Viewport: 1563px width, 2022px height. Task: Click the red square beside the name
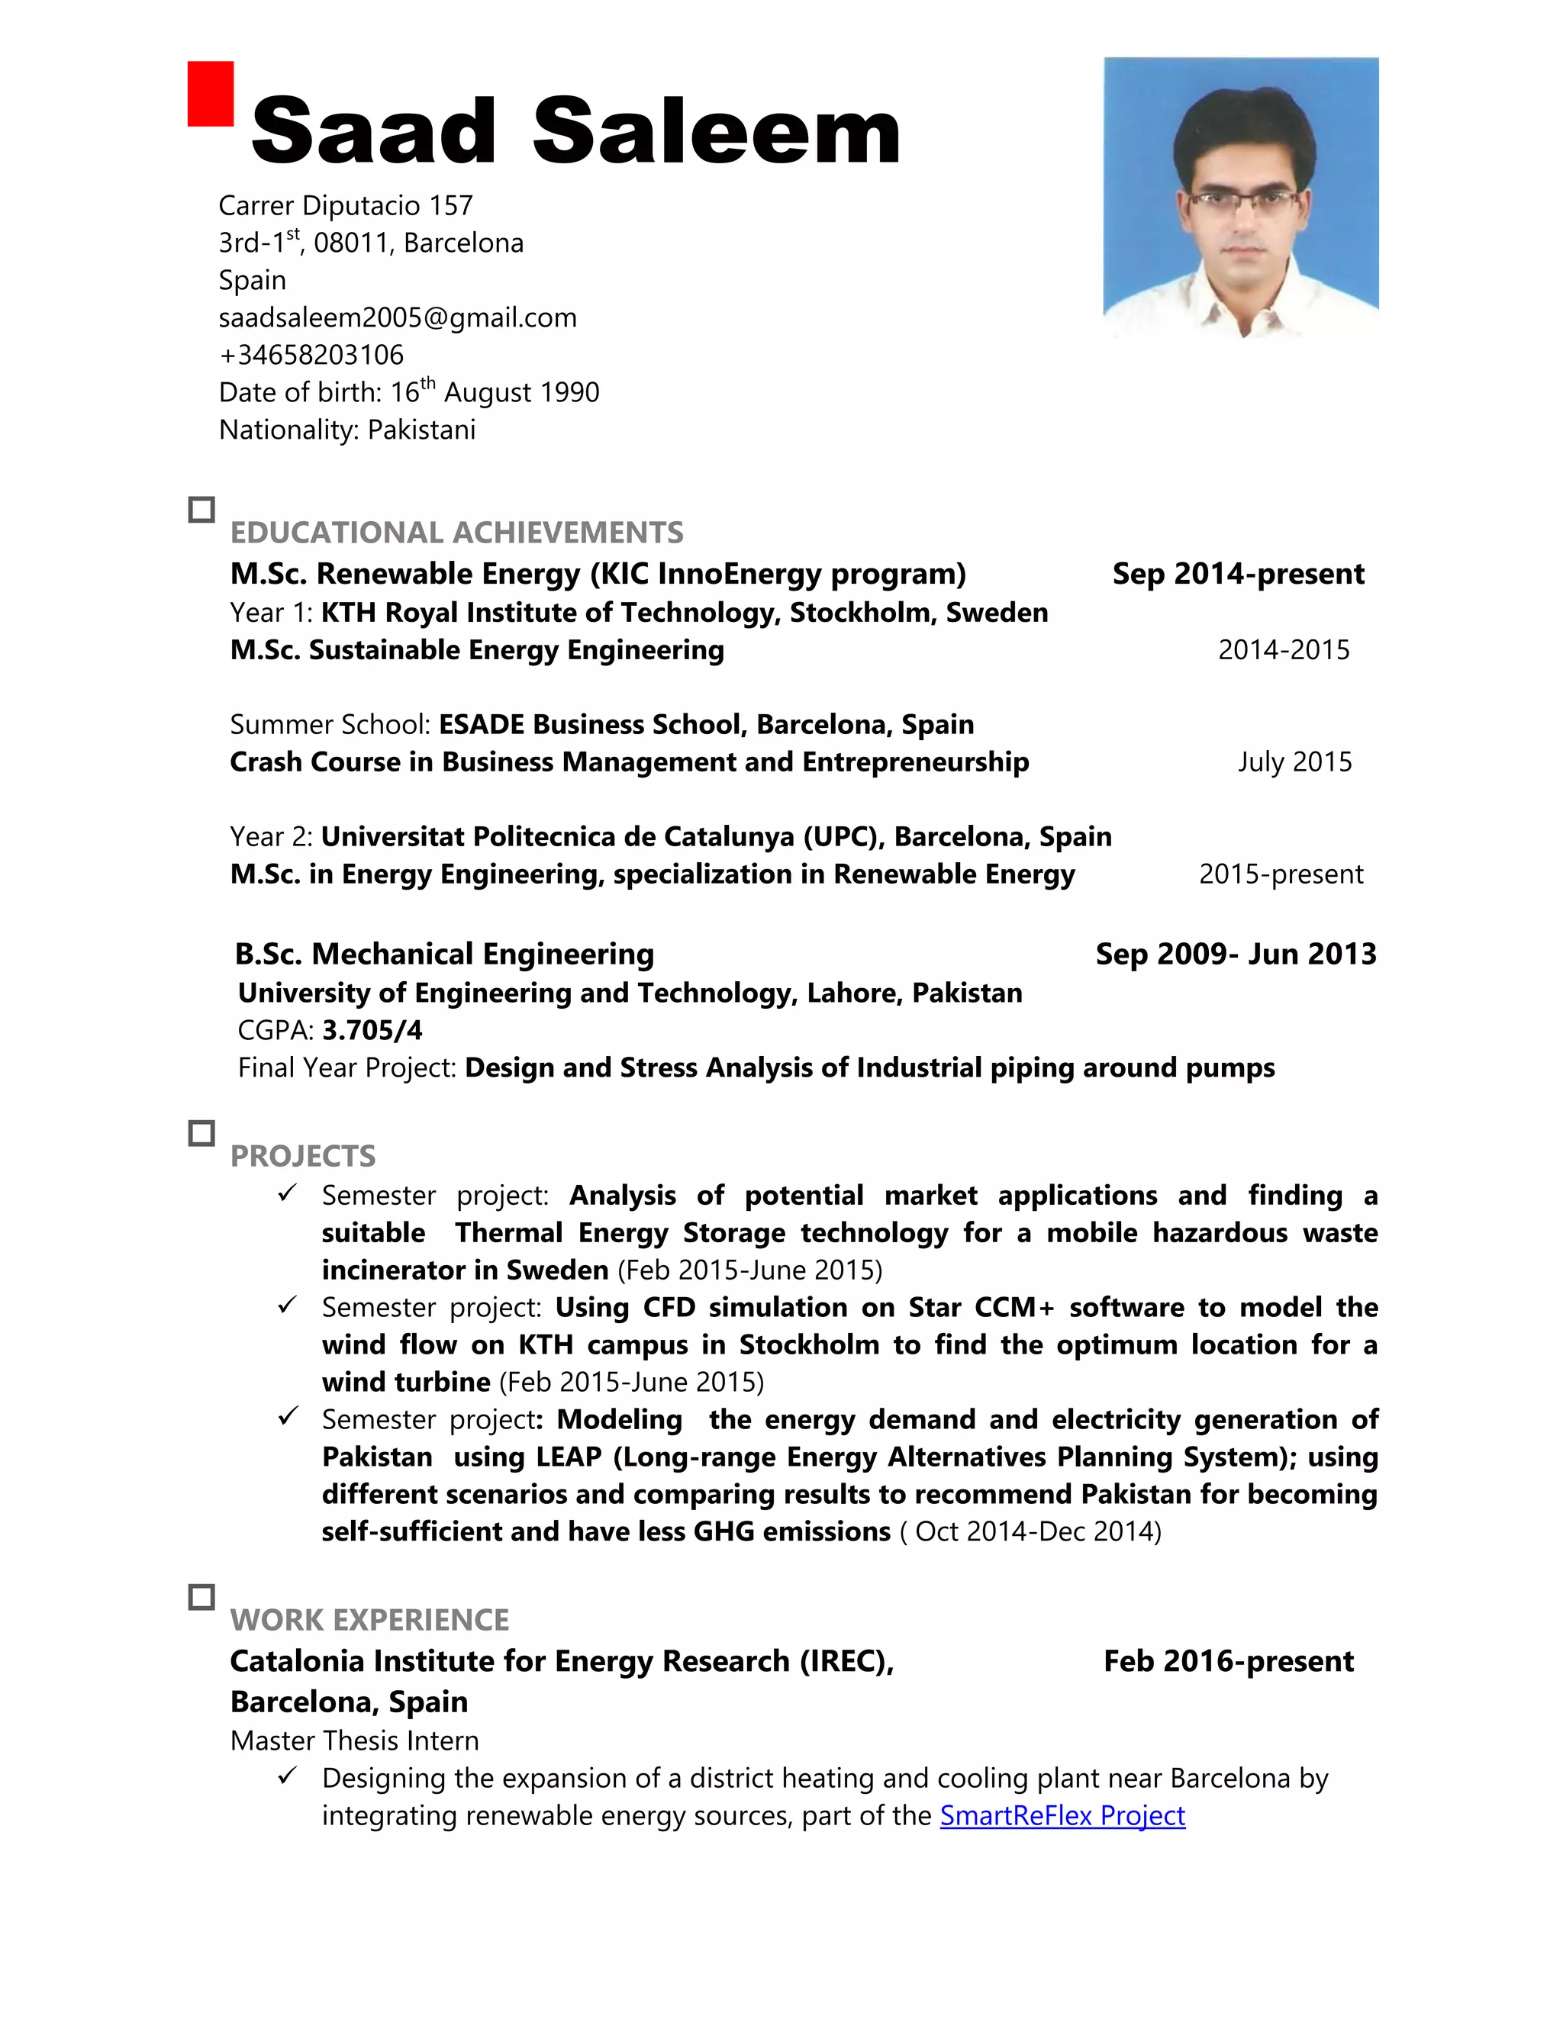click(x=210, y=94)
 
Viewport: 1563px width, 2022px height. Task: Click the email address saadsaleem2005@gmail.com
click(x=397, y=317)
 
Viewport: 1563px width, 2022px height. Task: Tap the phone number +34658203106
click(x=311, y=355)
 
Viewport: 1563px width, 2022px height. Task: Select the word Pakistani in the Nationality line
click(x=421, y=430)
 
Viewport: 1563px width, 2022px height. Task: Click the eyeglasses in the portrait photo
click(x=1242, y=200)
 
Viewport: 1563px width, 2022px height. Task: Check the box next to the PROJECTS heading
click(x=201, y=1133)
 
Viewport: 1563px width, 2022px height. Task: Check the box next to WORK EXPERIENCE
click(x=201, y=1597)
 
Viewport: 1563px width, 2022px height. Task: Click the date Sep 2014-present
click(x=1238, y=574)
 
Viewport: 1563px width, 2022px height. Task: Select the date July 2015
click(x=1294, y=762)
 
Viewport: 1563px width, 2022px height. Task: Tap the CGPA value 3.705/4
click(x=372, y=1030)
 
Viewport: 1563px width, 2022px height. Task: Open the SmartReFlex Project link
click(x=1062, y=1815)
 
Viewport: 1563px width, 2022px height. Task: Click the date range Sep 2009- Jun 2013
click(x=1236, y=955)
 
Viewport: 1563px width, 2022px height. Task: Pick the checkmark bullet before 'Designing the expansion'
click(x=287, y=1776)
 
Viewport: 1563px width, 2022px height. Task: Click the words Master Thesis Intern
click(x=355, y=1740)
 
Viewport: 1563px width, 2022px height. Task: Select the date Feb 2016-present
click(x=1228, y=1661)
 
